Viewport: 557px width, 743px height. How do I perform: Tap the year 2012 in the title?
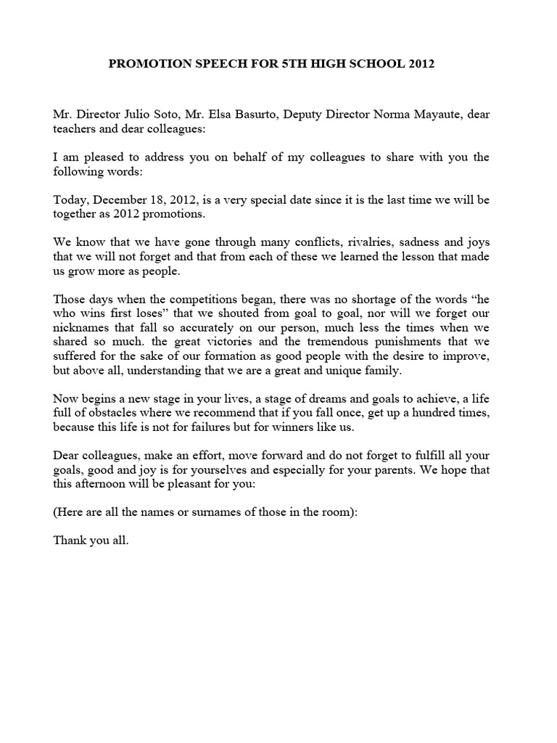pyautogui.click(x=420, y=64)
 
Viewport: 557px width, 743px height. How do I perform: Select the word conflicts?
pyautogui.click(x=318, y=243)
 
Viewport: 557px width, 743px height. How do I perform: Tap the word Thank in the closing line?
pyautogui.click(x=71, y=540)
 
